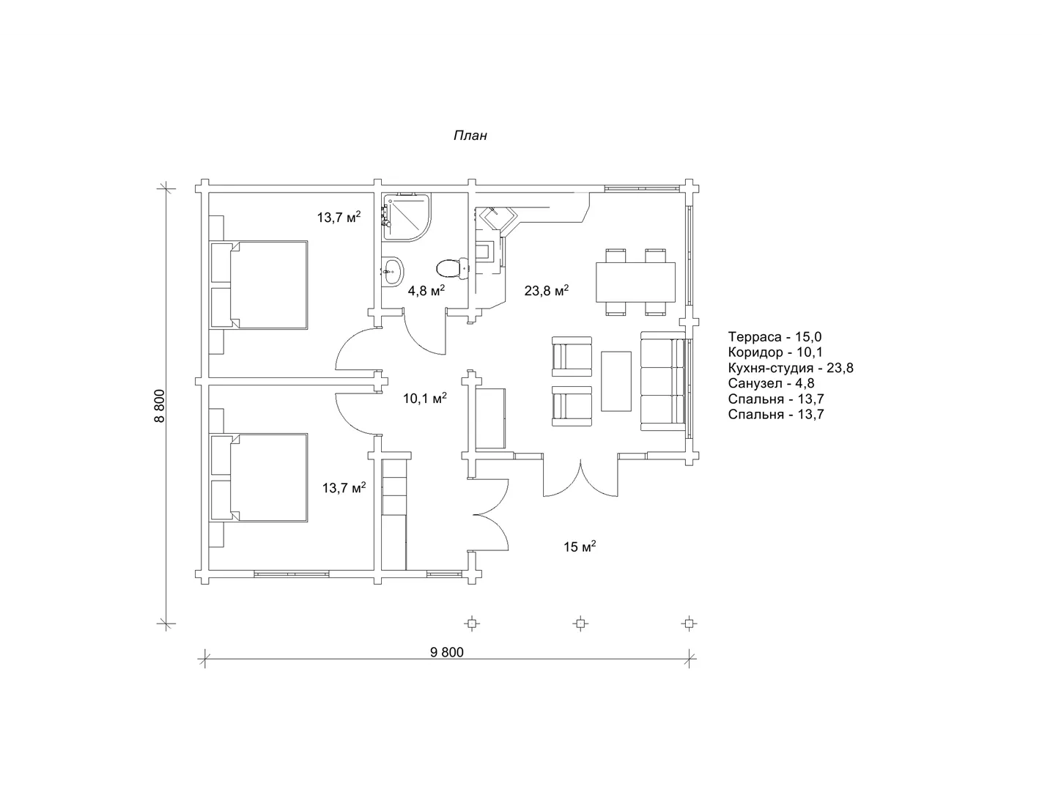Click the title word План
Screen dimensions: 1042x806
pos(470,136)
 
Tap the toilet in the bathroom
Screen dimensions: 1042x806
pos(452,267)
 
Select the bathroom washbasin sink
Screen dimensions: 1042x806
pos(393,271)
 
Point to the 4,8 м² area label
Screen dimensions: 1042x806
pos(426,290)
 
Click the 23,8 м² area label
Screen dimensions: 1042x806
pos(546,290)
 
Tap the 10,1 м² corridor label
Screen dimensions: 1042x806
pos(425,398)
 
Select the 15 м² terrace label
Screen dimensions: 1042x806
pos(580,546)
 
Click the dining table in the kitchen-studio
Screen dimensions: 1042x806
pos(635,282)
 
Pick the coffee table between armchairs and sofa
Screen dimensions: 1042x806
pos(616,381)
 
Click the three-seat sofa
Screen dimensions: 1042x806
pos(662,381)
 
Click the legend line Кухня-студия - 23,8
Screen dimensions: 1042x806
pos(790,368)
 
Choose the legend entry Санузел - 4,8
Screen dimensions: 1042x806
pos(771,383)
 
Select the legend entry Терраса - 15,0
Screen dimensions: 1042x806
pos(775,336)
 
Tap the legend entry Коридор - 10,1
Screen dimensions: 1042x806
pos(775,352)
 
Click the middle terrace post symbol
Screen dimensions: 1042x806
pos(580,624)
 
